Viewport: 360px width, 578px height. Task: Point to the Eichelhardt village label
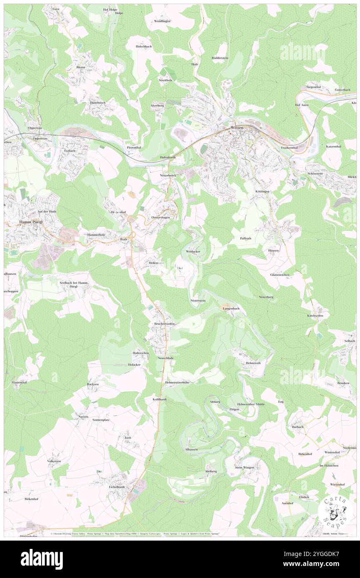(117, 486)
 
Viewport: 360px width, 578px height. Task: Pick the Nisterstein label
(198, 300)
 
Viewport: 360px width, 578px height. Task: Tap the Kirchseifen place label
(315, 316)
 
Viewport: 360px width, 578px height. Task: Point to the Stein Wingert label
(244, 467)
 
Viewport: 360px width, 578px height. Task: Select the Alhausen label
(191, 450)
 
